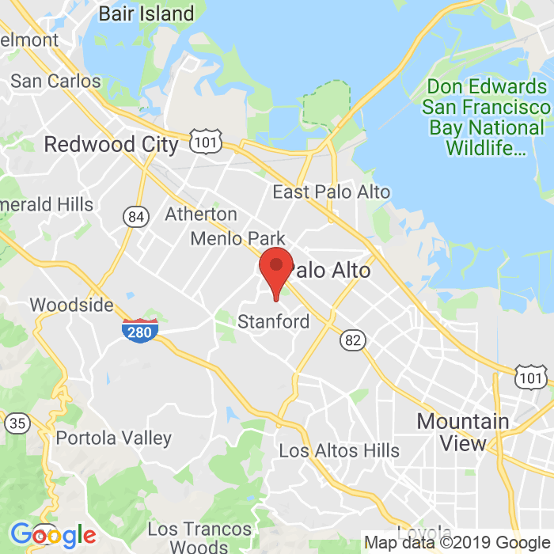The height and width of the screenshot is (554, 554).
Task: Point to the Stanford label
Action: (274, 322)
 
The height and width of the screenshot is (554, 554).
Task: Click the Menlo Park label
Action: (237, 238)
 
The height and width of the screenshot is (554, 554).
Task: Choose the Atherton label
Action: (200, 214)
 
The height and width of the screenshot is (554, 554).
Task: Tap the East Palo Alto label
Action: (331, 192)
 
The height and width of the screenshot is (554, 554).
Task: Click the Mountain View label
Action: (463, 432)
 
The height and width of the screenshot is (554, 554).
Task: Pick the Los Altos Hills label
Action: (339, 451)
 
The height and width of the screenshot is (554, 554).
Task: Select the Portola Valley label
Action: (113, 438)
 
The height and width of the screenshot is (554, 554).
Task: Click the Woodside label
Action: (71, 305)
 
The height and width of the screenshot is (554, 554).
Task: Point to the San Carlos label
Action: (55, 81)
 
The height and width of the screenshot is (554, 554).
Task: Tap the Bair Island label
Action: (146, 13)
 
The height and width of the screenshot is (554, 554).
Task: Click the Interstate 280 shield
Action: (139, 331)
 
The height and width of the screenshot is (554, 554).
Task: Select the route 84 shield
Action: (135, 215)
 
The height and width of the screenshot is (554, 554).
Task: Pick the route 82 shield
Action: (353, 340)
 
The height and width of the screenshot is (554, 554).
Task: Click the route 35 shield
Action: (17, 423)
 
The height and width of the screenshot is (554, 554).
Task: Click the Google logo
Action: (53, 536)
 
